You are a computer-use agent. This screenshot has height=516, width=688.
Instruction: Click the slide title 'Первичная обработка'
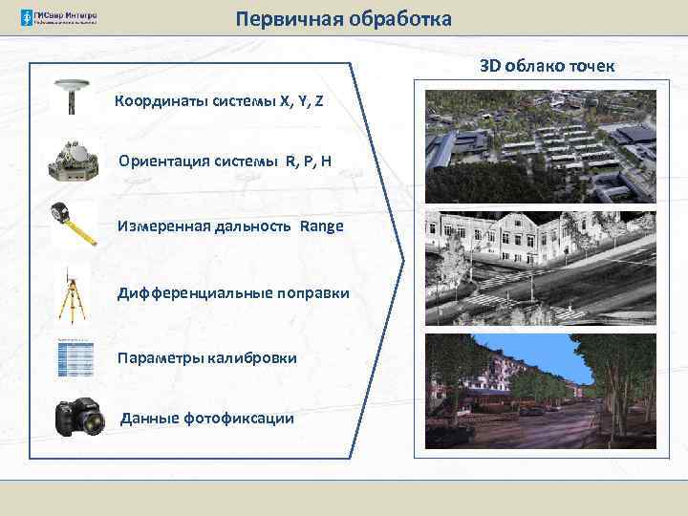[x=344, y=19]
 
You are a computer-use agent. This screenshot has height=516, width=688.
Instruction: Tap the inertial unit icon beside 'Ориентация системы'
[x=74, y=159]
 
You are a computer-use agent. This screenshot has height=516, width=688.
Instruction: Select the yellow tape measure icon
[x=75, y=225]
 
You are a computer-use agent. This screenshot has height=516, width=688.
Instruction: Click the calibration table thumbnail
[x=75, y=357]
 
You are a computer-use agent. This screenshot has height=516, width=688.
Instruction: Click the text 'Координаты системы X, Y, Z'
[x=219, y=100]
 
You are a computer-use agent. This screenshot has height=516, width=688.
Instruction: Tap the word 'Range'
[x=321, y=226]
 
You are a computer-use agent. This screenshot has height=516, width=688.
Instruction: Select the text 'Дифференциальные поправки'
[x=233, y=291]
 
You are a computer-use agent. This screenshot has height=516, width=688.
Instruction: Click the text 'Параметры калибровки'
[x=206, y=357]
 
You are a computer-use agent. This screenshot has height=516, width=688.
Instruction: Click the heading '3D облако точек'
[x=548, y=66]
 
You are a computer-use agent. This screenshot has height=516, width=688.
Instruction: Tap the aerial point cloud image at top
[x=540, y=144]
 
